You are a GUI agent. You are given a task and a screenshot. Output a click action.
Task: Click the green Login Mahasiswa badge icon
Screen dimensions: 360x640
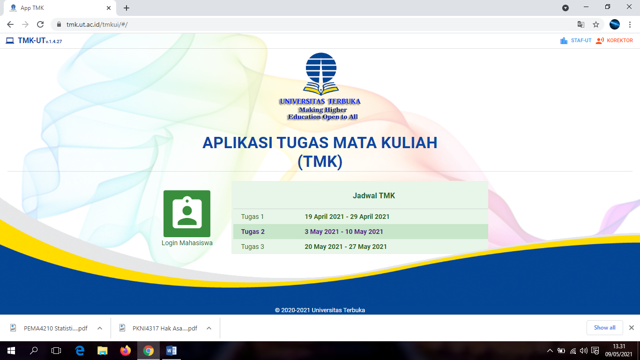pyautogui.click(x=186, y=213)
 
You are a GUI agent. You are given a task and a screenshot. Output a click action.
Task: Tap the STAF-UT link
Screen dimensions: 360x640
pyautogui.click(x=580, y=41)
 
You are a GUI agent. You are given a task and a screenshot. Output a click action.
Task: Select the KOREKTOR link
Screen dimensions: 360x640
pyautogui.click(x=619, y=41)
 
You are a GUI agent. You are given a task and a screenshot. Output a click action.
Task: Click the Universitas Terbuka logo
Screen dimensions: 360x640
pyautogui.click(x=321, y=86)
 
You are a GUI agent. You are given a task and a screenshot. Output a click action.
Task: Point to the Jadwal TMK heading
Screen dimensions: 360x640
pyautogui.click(x=373, y=195)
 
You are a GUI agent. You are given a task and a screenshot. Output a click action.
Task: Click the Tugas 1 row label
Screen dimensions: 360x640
pyautogui.click(x=253, y=217)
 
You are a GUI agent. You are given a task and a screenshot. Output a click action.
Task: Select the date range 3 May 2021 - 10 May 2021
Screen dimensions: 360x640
pyautogui.click(x=343, y=232)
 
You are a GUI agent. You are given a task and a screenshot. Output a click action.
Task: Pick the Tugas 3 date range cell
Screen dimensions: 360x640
pyautogui.click(x=345, y=247)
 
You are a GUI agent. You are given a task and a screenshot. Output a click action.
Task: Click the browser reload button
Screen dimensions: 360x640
pyautogui.click(x=40, y=24)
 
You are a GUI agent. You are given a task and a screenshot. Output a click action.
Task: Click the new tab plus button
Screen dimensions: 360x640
pyautogui.click(x=127, y=8)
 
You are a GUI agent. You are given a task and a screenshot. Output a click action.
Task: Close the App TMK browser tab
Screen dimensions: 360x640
pyautogui.click(x=109, y=8)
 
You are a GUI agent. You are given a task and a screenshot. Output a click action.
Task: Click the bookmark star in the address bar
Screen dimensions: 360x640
pyautogui.click(x=596, y=24)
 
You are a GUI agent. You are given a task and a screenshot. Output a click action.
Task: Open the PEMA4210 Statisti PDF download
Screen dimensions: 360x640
pyautogui.click(x=55, y=328)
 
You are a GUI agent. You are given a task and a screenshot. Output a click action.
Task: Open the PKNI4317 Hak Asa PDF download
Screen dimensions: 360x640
pyautogui.click(x=164, y=328)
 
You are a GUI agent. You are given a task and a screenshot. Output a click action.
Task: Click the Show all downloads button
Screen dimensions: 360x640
pyautogui.click(x=604, y=328)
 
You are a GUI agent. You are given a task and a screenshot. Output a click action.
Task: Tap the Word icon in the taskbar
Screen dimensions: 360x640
pyautogui.click(x=171, y=350)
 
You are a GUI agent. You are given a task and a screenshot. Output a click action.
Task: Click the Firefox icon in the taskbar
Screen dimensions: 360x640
pyautogui.click(x=125, y=350)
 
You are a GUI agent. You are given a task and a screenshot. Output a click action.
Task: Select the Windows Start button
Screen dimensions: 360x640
pyautogui.click(x=11, y=350)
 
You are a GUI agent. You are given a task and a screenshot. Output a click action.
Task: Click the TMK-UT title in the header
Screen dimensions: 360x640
pyautogui.click(x=31, y=41)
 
